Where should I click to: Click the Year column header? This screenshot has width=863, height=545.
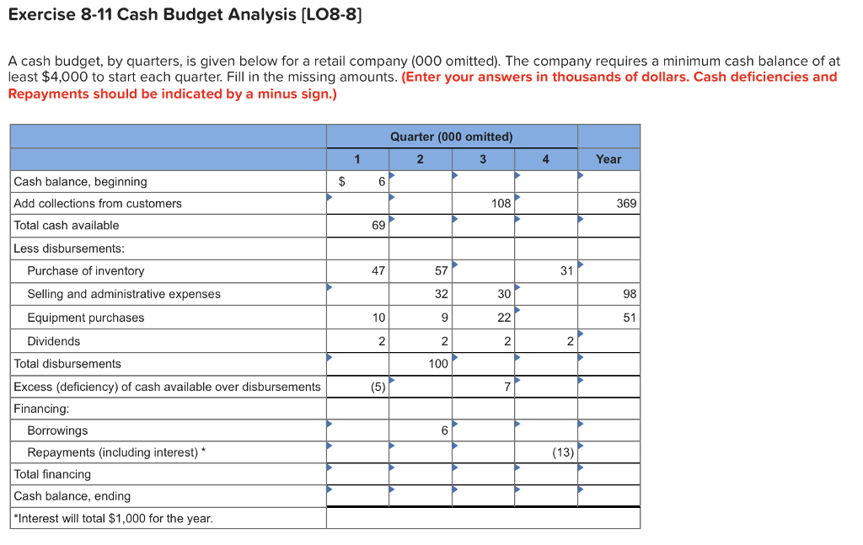point(608,159)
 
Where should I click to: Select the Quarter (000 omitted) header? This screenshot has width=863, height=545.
point(452,136)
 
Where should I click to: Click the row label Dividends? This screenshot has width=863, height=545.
point(54,341)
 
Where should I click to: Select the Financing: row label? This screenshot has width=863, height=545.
point(41,409)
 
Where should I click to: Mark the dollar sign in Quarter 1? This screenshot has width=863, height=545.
point(341,181)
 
